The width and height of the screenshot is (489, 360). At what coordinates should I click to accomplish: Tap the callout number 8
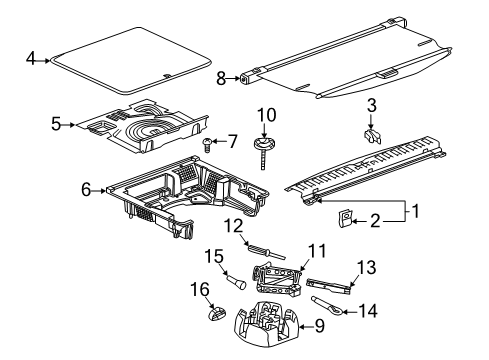tap(221, 77)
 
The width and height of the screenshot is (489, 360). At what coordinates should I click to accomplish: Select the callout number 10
tap(268, 116)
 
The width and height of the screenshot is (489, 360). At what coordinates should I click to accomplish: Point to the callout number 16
tap(200, 291)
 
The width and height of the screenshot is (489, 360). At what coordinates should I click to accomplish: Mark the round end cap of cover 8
tap(245, 77)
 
